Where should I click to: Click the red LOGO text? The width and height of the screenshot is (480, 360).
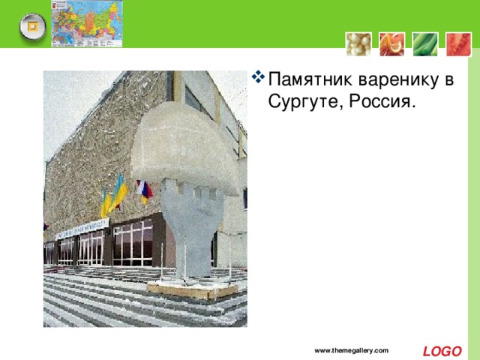(x=442, y=351)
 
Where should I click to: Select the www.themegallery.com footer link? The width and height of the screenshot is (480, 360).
(x=351, y=351)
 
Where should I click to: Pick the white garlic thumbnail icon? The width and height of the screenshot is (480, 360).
(x=357, y=43)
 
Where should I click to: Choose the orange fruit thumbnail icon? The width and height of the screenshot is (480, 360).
(x=390, y=43)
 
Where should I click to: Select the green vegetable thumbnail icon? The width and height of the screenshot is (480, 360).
(x=424, y=43)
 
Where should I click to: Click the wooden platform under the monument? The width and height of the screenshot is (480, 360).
(x=192, y=289)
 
